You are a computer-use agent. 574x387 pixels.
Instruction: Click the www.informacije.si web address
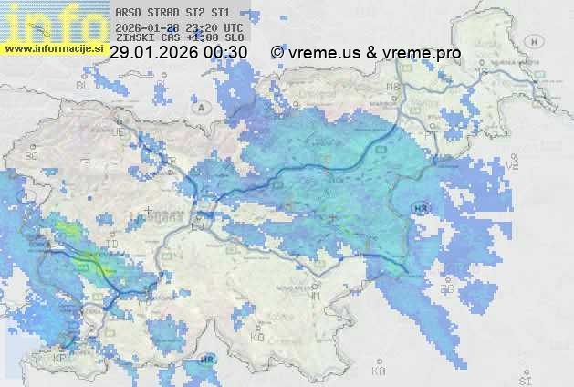point(54,47)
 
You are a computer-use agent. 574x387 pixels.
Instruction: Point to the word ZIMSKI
point(136,38)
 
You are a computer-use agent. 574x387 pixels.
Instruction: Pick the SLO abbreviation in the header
point(234,38)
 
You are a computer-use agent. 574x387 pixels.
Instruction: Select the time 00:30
point(226,53)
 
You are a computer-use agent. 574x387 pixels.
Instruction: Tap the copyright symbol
point(277,53)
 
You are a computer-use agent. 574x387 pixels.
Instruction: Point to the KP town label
point(60,359)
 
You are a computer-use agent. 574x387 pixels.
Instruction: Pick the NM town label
point(315,296)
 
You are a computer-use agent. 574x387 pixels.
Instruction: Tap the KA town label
point(378,371)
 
